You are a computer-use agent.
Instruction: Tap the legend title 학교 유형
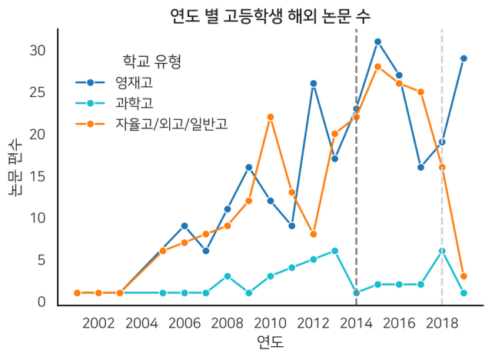click(152, 61)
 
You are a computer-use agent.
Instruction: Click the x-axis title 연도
click(270, 341)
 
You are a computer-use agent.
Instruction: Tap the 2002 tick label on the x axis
click(98, 321)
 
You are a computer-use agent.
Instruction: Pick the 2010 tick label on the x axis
click(271, 321)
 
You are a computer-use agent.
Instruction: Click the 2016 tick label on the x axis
click(399, 321)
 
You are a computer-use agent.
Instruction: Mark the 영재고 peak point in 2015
click(377, 42)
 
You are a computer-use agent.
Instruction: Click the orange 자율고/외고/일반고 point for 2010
click(271, 117)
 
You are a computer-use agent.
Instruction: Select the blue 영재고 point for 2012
click(314, 83)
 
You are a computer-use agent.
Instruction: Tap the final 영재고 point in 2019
click(464, 58)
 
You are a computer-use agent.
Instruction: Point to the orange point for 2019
click(464, 276)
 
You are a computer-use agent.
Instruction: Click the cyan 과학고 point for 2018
click(442, 251)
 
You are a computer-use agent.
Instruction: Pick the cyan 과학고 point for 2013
click(334, 251)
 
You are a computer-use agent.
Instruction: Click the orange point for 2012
click(314, 234)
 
